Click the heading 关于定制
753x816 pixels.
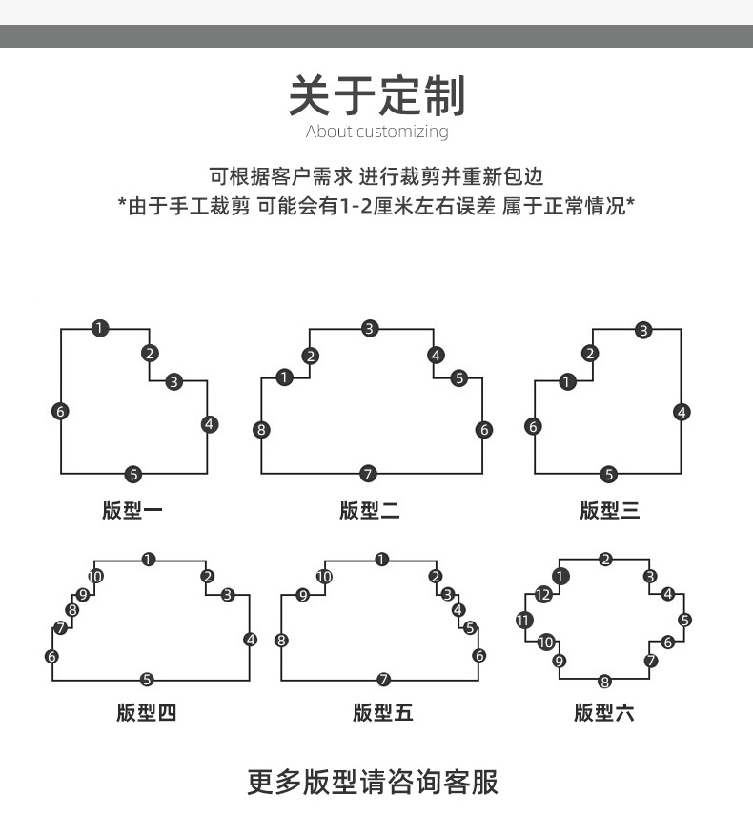point(376,95)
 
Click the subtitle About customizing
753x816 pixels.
point(376,132)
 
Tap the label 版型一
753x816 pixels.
point(132,511)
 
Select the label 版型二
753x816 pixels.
point(370,511)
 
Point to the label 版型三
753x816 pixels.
point(609,511)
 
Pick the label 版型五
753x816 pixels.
point(382,712)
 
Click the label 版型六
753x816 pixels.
point(603,712)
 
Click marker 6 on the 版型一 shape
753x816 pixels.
point(61,412)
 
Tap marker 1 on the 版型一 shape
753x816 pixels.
point(101,329)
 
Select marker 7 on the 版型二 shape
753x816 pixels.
point(369,474)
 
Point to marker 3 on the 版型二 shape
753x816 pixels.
point(370,329)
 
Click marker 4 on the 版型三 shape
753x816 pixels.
point(682,412)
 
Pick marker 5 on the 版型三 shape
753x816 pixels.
point(609,474)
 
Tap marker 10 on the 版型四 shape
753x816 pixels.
point(95,576)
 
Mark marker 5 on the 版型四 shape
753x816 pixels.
point(147,680)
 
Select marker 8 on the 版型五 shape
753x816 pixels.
point(281,640)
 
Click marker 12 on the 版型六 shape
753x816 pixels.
point(543,595)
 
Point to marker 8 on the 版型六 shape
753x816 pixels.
point(605,681)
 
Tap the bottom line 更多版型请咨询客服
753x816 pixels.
point(373,782)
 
